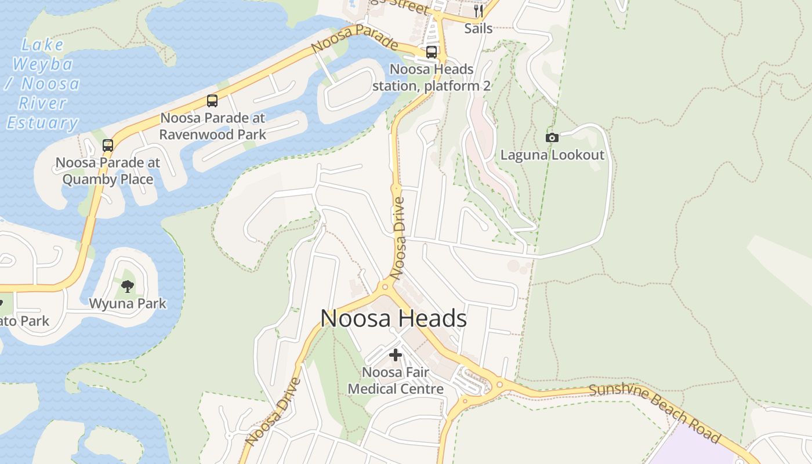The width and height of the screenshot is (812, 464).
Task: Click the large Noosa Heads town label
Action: pos(393,318)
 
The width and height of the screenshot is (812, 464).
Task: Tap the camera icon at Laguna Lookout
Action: pos(552,137)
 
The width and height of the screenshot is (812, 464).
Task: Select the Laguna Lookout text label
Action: pos(552,155)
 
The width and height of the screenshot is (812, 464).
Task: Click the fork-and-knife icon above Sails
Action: pos(478,11)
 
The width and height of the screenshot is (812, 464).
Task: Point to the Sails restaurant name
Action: pos(478,28)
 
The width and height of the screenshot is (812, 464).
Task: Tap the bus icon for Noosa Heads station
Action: pos(432,52)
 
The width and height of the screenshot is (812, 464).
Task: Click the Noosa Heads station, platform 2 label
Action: pos(432,78)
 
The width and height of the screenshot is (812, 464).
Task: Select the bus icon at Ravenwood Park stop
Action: pos(212,101)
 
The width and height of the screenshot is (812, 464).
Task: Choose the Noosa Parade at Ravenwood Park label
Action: pos(213,126)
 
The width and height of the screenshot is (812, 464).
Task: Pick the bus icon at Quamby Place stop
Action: pos(108,146)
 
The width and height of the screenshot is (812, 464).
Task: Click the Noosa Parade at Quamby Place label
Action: pos(108,171)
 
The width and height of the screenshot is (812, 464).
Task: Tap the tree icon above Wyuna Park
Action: pos(128,286)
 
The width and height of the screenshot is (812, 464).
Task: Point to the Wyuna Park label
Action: pos(128,303)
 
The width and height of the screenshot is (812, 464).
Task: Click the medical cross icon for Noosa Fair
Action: pos(396,354)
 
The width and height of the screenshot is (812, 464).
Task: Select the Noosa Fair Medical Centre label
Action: pos(396,380)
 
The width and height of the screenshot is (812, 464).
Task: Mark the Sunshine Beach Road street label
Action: pos(655,412)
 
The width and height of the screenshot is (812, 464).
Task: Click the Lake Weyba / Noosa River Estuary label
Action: pos(42,84)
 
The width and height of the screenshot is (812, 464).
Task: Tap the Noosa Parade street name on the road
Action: pos(354,39)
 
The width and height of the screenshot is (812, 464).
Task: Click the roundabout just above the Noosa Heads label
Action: pos(385,286)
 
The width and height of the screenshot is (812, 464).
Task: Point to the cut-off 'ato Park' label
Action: pos(24,321)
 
